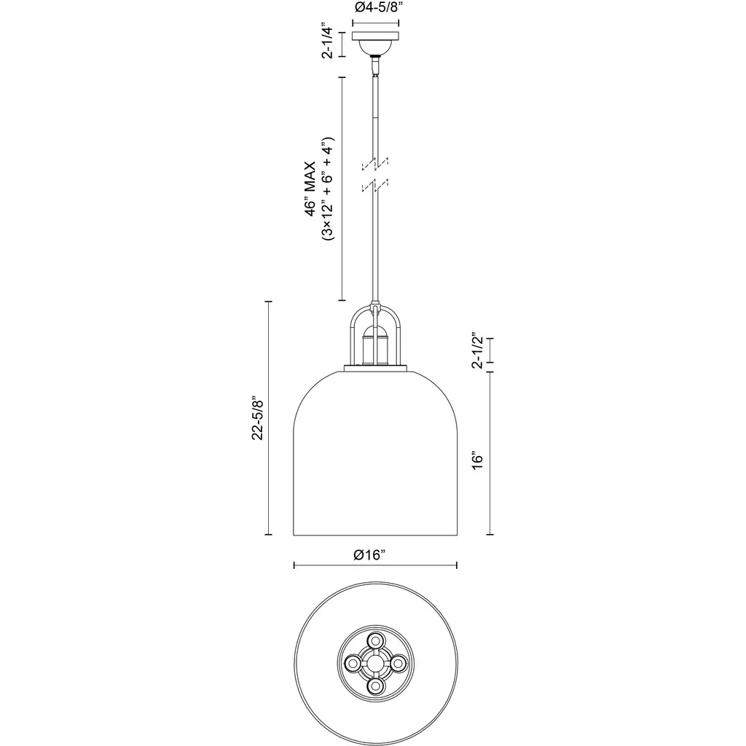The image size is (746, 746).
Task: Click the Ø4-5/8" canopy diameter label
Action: tap(375, 8)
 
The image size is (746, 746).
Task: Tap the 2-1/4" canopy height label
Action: tap(327, 41)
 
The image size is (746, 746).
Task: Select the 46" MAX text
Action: tap(310, 189)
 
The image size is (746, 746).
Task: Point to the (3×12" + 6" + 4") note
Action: tap(329, 189)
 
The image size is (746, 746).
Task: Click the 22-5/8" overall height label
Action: tap(258, 418)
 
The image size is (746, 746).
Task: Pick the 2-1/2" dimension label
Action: tap(477, 350)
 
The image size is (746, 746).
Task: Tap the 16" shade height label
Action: tap(478, 460)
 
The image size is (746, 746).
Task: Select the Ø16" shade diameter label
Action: tap(369, 554)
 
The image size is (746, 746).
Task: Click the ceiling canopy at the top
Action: tap(375, 44)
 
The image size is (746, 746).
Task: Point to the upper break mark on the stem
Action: tap(375, 164)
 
